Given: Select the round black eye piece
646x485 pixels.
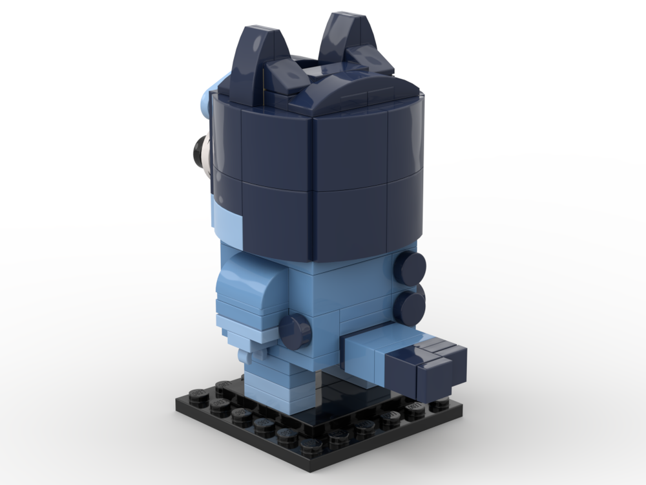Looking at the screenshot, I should click(x=195, y=153).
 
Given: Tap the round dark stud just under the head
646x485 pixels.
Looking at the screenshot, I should click(x=411, y=265).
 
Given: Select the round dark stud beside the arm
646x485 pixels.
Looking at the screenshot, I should click(x=297, y=329).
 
